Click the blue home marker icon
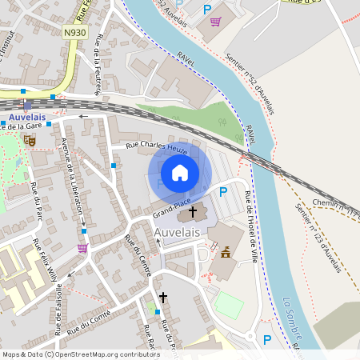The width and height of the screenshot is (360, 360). point(180,173)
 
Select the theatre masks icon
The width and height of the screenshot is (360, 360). point(30,140)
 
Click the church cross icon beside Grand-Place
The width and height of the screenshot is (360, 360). point(193,214)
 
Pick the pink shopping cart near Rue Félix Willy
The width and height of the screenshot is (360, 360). point(82,248)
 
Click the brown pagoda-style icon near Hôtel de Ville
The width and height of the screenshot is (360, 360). point(226,253)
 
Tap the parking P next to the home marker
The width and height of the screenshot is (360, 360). point(223,191)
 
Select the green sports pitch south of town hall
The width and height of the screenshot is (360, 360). point(229,305)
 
